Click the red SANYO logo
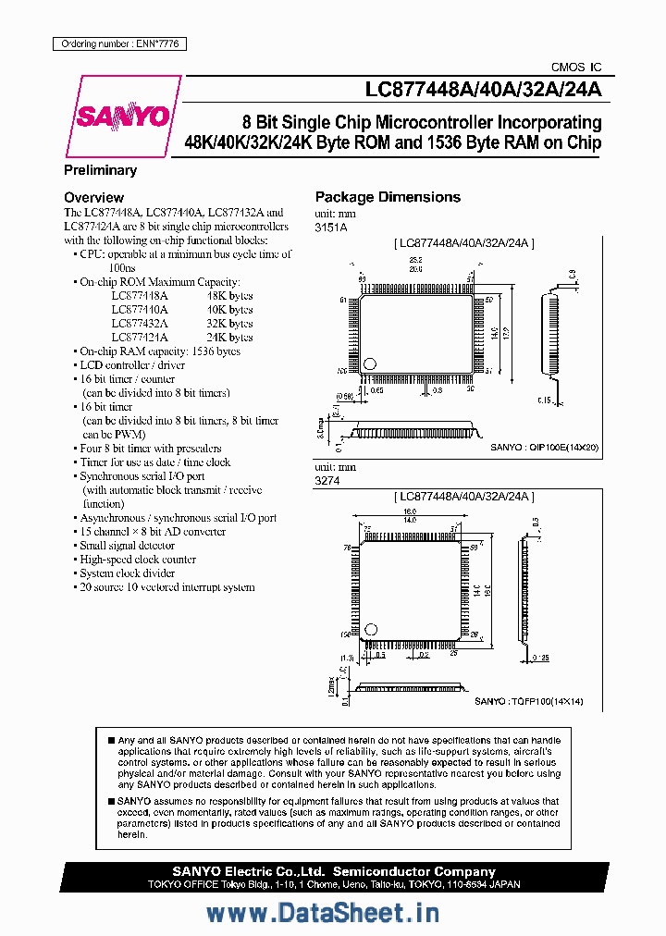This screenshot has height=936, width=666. click(123, 117)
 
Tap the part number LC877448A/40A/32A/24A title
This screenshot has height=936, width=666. click(483, 89)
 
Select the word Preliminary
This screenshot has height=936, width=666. click(100, 170)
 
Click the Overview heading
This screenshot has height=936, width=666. click(93, 197)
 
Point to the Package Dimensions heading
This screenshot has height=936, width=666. click(388, 197)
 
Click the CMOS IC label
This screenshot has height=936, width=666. click(575, 68)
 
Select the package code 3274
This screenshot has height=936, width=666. click(326, 481)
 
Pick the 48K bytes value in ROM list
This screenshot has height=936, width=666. click(229, 296)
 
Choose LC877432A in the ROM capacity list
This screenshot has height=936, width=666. click(140, 324)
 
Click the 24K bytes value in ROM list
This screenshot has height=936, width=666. click(229, 338)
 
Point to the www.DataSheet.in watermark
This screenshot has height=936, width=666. click(322, 913)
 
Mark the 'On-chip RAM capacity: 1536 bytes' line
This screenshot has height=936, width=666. click(159, 351)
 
